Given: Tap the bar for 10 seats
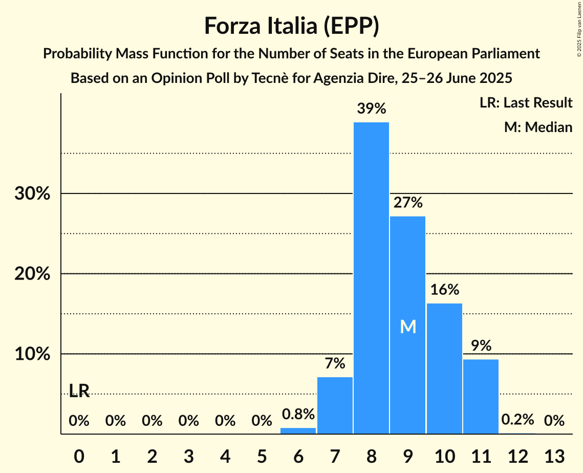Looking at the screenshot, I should coord(444,369).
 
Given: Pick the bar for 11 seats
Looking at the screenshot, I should coord(481,396).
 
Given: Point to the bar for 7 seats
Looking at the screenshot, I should coord(335,405).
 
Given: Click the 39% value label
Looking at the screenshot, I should coord(371,109).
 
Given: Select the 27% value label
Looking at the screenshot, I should coord(408,203).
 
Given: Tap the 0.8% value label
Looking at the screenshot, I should coord(298,414).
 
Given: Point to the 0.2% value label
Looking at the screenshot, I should coord(517,420).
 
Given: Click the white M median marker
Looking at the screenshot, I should coord(408,327).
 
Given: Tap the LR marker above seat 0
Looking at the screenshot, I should coord(79,391).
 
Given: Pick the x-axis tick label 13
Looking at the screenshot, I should coord(554,455).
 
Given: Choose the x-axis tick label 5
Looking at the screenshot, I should coord(262,455).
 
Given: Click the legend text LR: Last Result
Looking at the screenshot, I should coord(526,103).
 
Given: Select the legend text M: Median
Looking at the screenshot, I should coord(538,127).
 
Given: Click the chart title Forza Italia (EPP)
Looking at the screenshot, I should coord(291,26).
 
